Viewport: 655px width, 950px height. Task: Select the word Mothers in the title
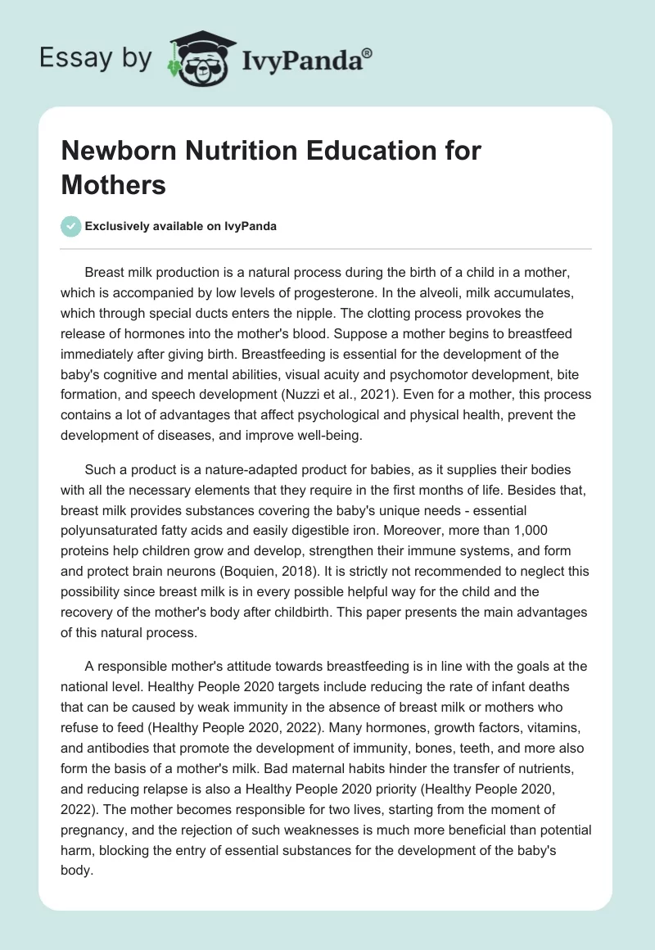coord(114,185)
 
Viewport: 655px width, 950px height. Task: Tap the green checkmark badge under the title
coord(71,226)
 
